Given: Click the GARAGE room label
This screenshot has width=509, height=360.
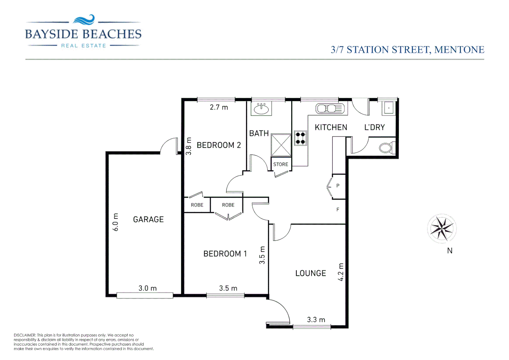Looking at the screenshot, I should coord(148,219).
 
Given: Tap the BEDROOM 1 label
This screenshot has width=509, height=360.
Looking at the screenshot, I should coord(225,254).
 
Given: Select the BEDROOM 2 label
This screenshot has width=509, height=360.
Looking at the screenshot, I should coord(219,145).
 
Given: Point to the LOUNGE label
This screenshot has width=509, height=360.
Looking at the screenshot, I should coord(310,273).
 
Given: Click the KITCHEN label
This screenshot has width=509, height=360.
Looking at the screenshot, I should coord(331,127).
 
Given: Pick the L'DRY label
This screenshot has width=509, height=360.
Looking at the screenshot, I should coord(374,127).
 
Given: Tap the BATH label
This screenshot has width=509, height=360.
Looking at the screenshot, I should coord(259,133).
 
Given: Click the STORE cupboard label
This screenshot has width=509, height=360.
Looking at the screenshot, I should coord(280,164).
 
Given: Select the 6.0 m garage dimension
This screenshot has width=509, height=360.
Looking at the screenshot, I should coord(115,222).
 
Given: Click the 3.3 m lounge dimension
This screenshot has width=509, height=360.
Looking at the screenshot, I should coord(316,320).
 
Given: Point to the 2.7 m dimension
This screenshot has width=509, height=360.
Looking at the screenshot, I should coord(219,107).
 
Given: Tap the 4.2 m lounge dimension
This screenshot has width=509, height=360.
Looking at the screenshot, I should coord(341,272).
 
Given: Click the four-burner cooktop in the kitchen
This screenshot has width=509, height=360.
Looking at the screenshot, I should coord(300,138).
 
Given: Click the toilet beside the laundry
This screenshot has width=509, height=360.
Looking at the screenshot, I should coord(386,148).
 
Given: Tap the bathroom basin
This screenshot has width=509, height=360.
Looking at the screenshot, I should coord(261,109).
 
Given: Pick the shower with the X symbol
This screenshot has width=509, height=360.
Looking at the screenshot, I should coord(281,145).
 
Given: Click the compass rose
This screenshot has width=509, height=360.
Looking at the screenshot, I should coord(442,229).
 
